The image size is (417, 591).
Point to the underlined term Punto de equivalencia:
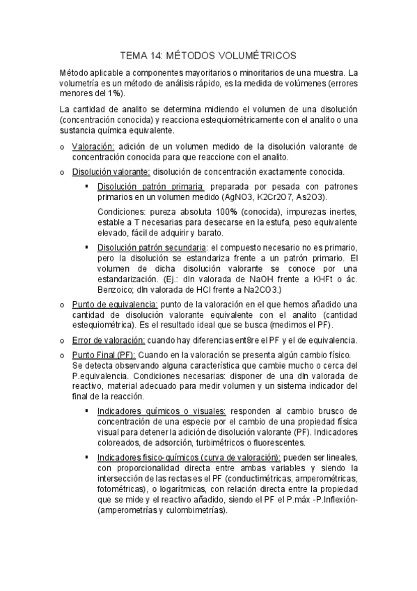point(115,305)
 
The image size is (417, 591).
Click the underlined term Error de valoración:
point(108,340)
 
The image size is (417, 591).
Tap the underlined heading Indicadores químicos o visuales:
point(157,411)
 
